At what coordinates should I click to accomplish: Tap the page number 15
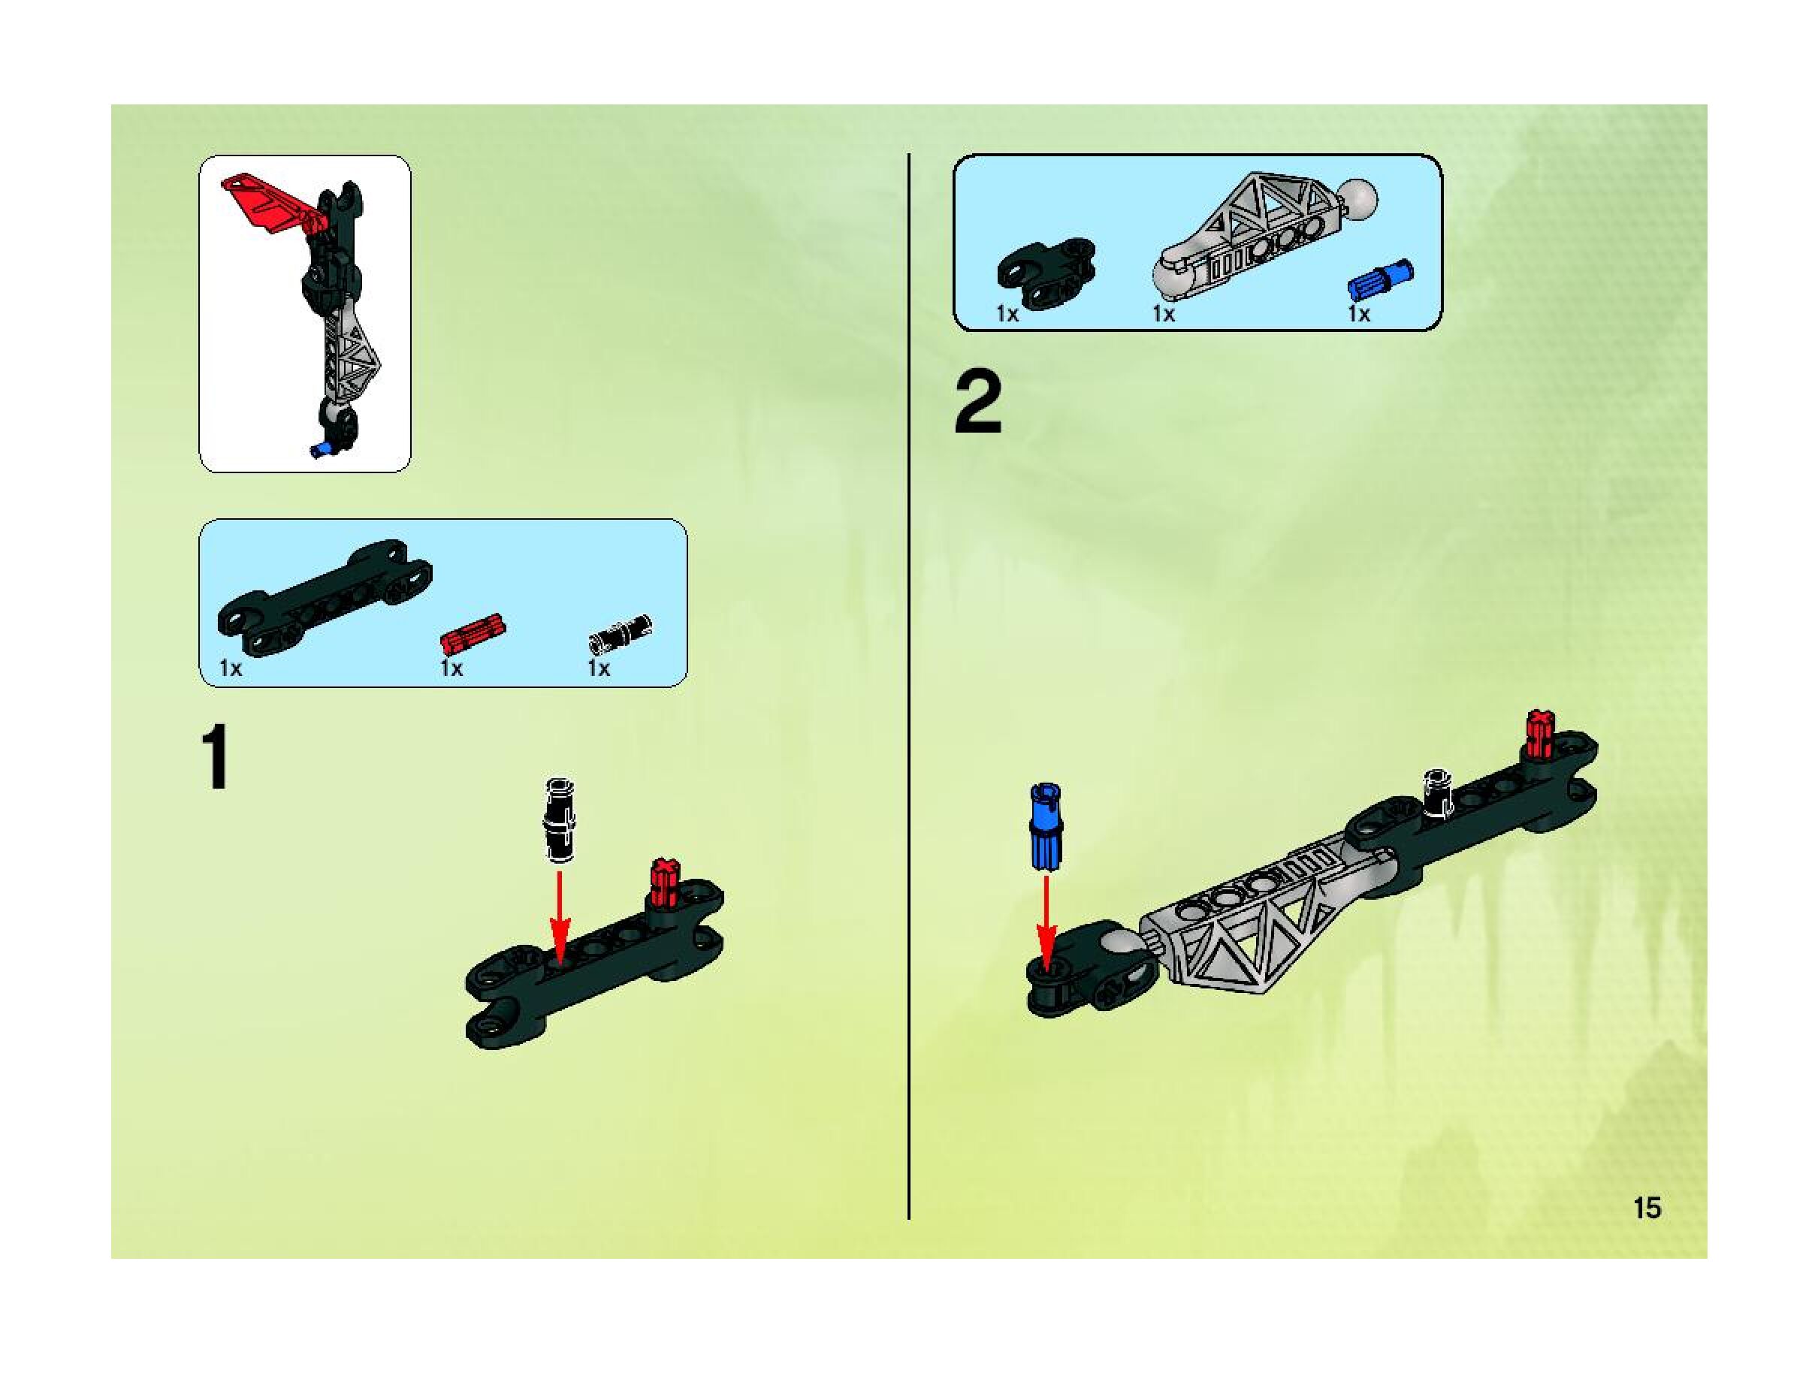(x=1647, y=1208)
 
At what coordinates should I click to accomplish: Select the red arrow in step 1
(x=560, y=915)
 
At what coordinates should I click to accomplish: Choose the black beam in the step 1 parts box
(x=325, y=597)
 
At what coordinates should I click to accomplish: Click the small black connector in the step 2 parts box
(x=1046, y=273)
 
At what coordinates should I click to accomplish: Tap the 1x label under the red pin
(x=451, y=668)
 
